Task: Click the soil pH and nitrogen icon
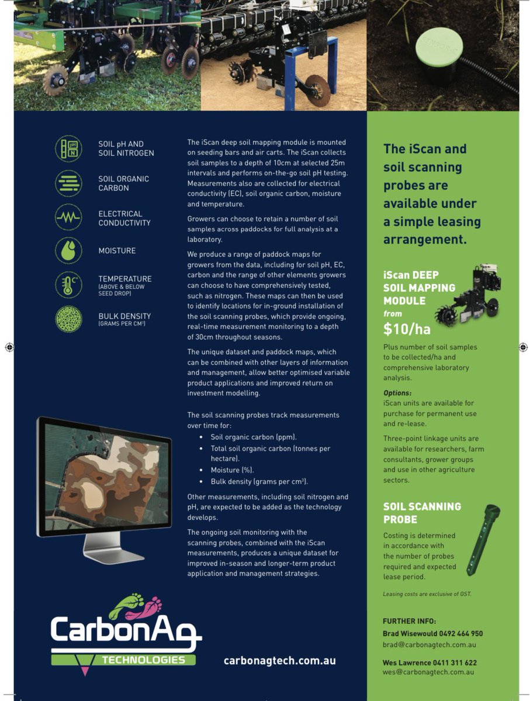(x=68, y=148)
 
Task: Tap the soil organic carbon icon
(x=68, y=183)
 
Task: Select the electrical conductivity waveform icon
(x=68, y=217)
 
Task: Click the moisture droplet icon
(x=68, y=251)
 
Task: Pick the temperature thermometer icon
(x=68, y=285)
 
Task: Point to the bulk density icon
(x=68, y=319)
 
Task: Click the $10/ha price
(x=407, y=329)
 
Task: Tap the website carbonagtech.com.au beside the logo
(x=279, y=661)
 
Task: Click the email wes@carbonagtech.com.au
(x=428, y=672)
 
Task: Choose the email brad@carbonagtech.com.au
(x=429, y=644)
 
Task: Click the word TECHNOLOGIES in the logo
(x=144, y=660)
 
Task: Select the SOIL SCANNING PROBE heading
(x=422, y=512)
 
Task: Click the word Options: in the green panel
(x=397, y=393)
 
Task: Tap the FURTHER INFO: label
(x=409, y=621)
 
